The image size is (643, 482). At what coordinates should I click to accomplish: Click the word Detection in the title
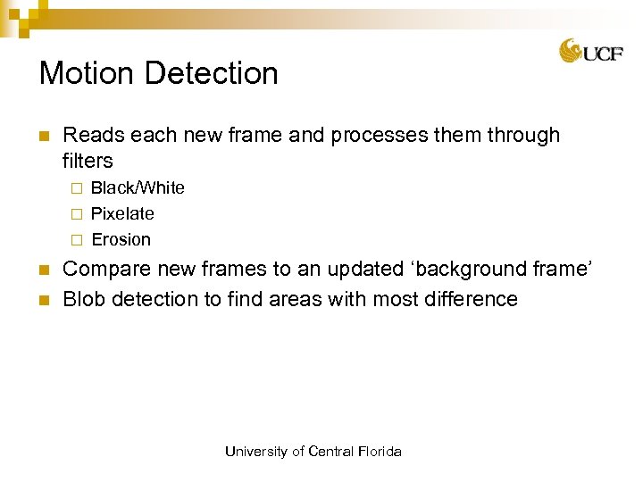click(x=212, y=73)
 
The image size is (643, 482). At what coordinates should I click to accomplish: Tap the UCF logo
click(x=591, y=51)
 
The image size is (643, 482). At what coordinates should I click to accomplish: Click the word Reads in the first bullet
click(x=93, y=136)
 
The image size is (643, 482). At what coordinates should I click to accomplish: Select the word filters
click(x=88, y=161)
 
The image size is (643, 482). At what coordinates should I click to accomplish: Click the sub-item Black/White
click(x=138, y=187)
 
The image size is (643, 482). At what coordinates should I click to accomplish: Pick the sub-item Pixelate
click(x=122, y=213)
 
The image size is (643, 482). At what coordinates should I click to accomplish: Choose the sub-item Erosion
click(x=121, y=239)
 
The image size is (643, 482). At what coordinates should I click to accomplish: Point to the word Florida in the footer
click(x=379, y=452)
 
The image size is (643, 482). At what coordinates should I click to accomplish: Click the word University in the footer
click(x=256, y=452)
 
